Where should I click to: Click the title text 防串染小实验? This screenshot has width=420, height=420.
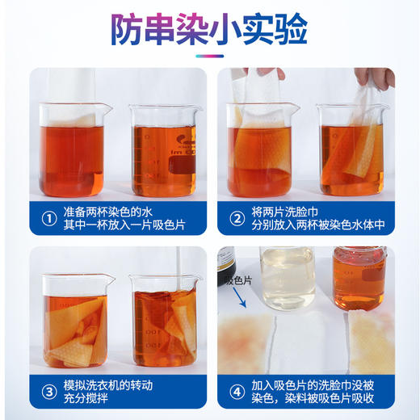[209, 30]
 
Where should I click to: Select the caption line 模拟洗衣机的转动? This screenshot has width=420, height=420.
[121, 384]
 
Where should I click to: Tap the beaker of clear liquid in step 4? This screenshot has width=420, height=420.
[288, 279]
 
